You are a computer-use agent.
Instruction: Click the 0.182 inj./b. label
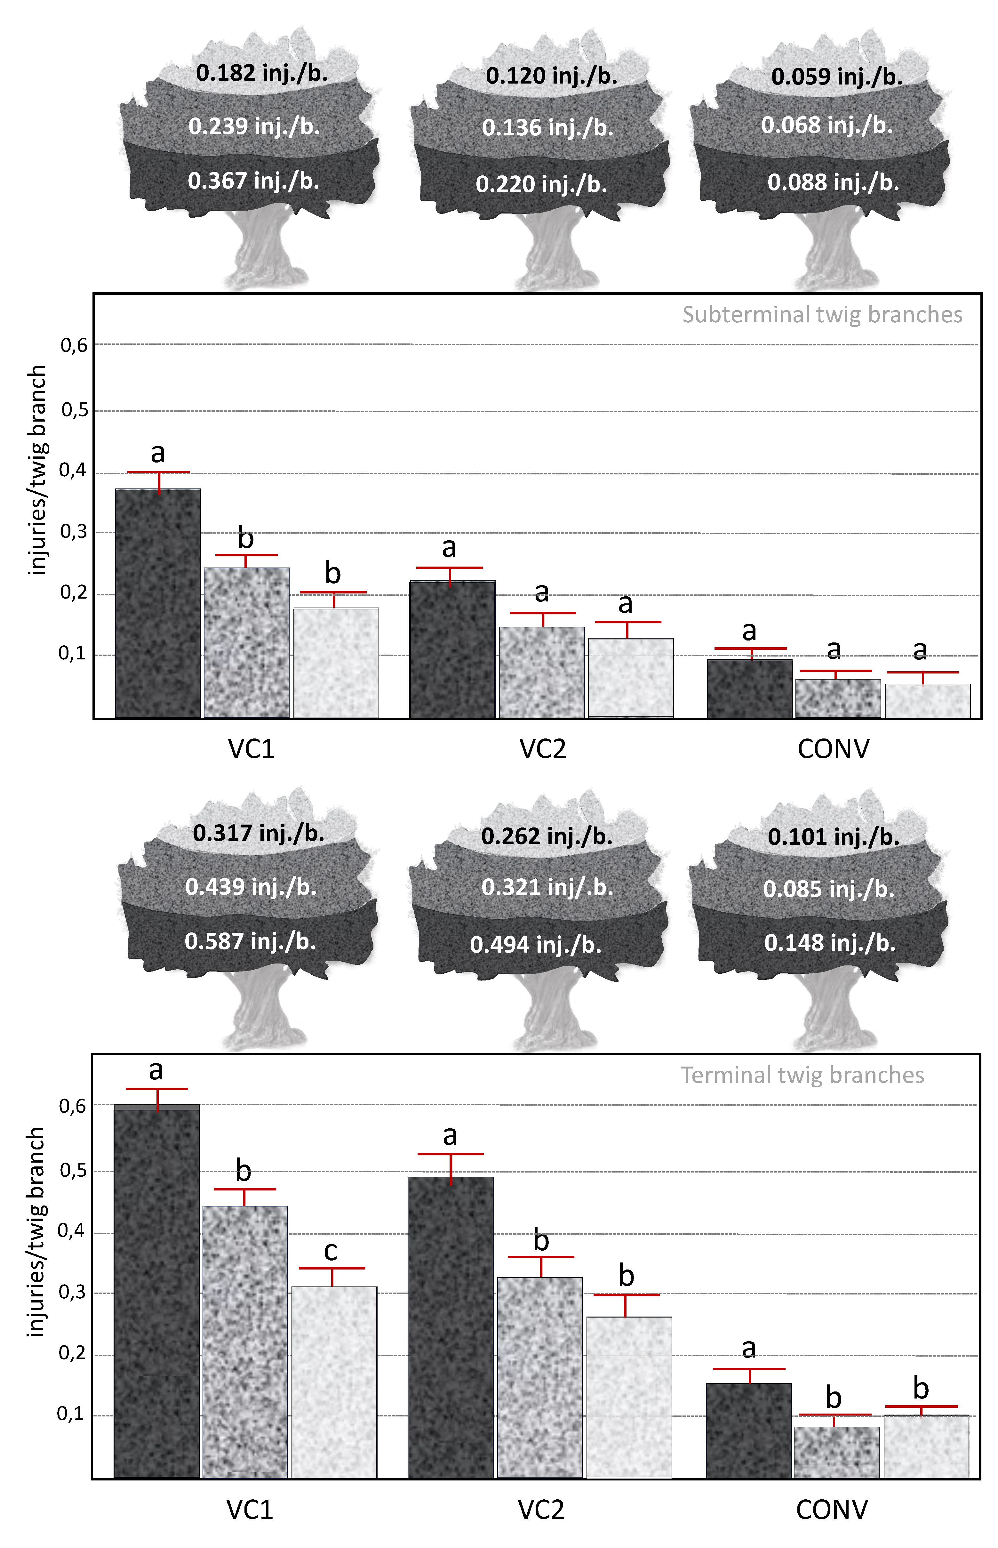point(262,73)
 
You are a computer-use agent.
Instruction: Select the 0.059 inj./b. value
point(837,77)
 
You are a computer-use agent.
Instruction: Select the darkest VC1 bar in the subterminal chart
point(158,603)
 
